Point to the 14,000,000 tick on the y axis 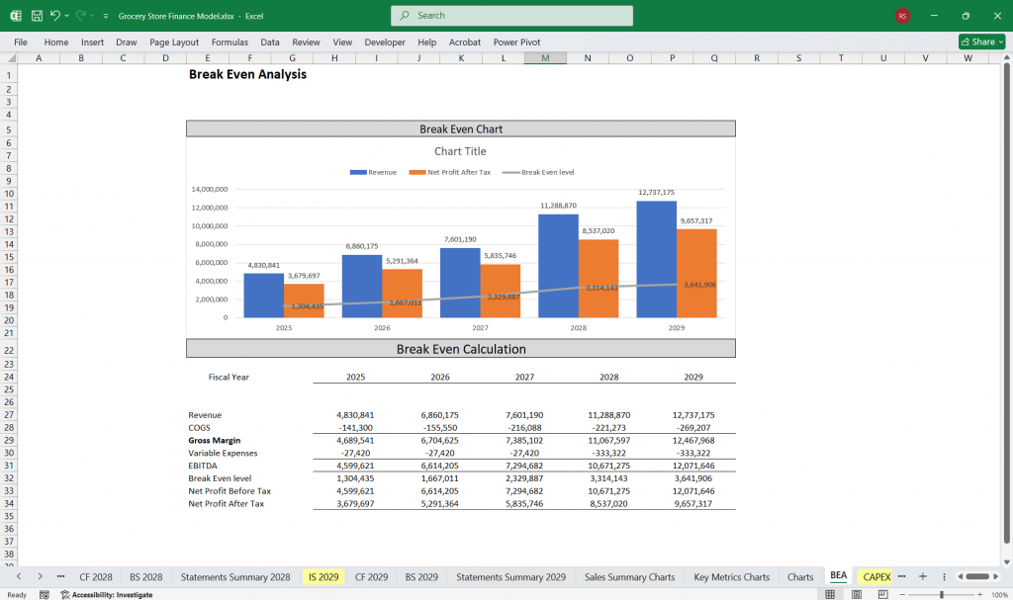click(210, 189)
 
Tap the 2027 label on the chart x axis click(480, 327)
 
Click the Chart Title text click(460, 151)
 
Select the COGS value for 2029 click(693, 427)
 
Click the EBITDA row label click(204, 466)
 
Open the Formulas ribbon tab click(230, 43)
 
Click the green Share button click(981, 42)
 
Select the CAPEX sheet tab click(875, 576)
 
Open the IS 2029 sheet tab click(323, 576)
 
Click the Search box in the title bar click(511, 16)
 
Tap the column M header click(545, 58)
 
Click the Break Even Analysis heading click(247, 74)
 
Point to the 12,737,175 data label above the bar click(656, 193)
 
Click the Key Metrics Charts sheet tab click(731, 576)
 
